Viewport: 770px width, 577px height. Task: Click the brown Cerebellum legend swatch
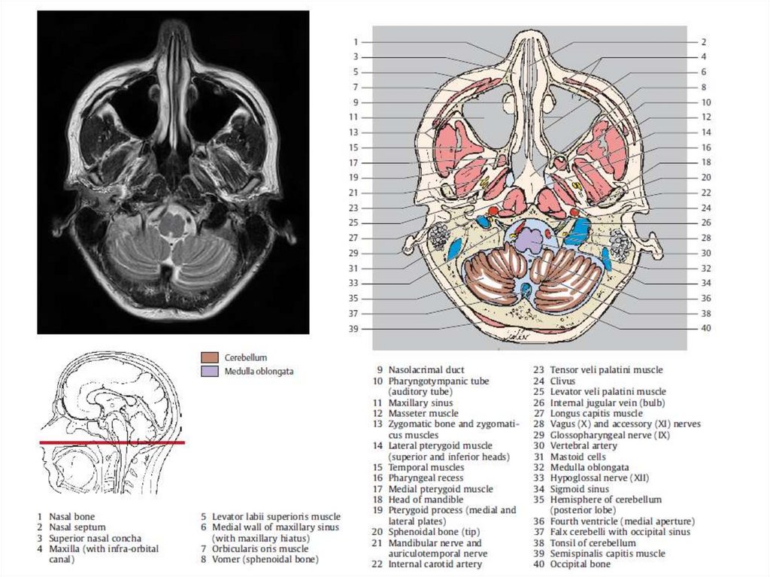click(211, 358)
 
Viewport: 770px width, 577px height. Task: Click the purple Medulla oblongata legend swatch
click(211, 371)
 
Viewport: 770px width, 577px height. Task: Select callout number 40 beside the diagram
click(705, 328)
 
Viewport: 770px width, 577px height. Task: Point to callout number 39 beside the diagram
click(354, 329)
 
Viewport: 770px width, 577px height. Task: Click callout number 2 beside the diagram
click(704, 42)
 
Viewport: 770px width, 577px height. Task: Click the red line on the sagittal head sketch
click(113, 442)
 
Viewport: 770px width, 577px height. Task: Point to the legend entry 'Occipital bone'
click(580, 564)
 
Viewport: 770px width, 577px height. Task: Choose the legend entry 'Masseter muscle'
click(423, 413)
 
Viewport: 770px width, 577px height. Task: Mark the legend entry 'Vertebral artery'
click(584, 445)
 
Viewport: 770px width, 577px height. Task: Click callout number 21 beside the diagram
click(354, 193)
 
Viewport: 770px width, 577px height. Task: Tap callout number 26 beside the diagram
click(705, 223)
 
